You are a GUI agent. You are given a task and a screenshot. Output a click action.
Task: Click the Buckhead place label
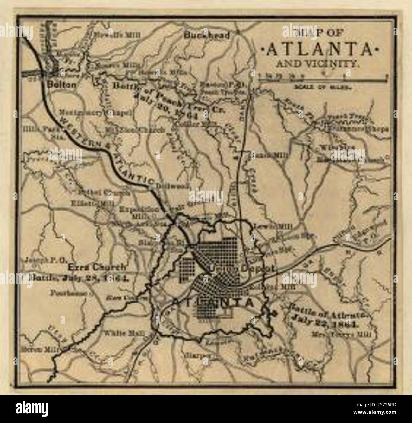point(207,35)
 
